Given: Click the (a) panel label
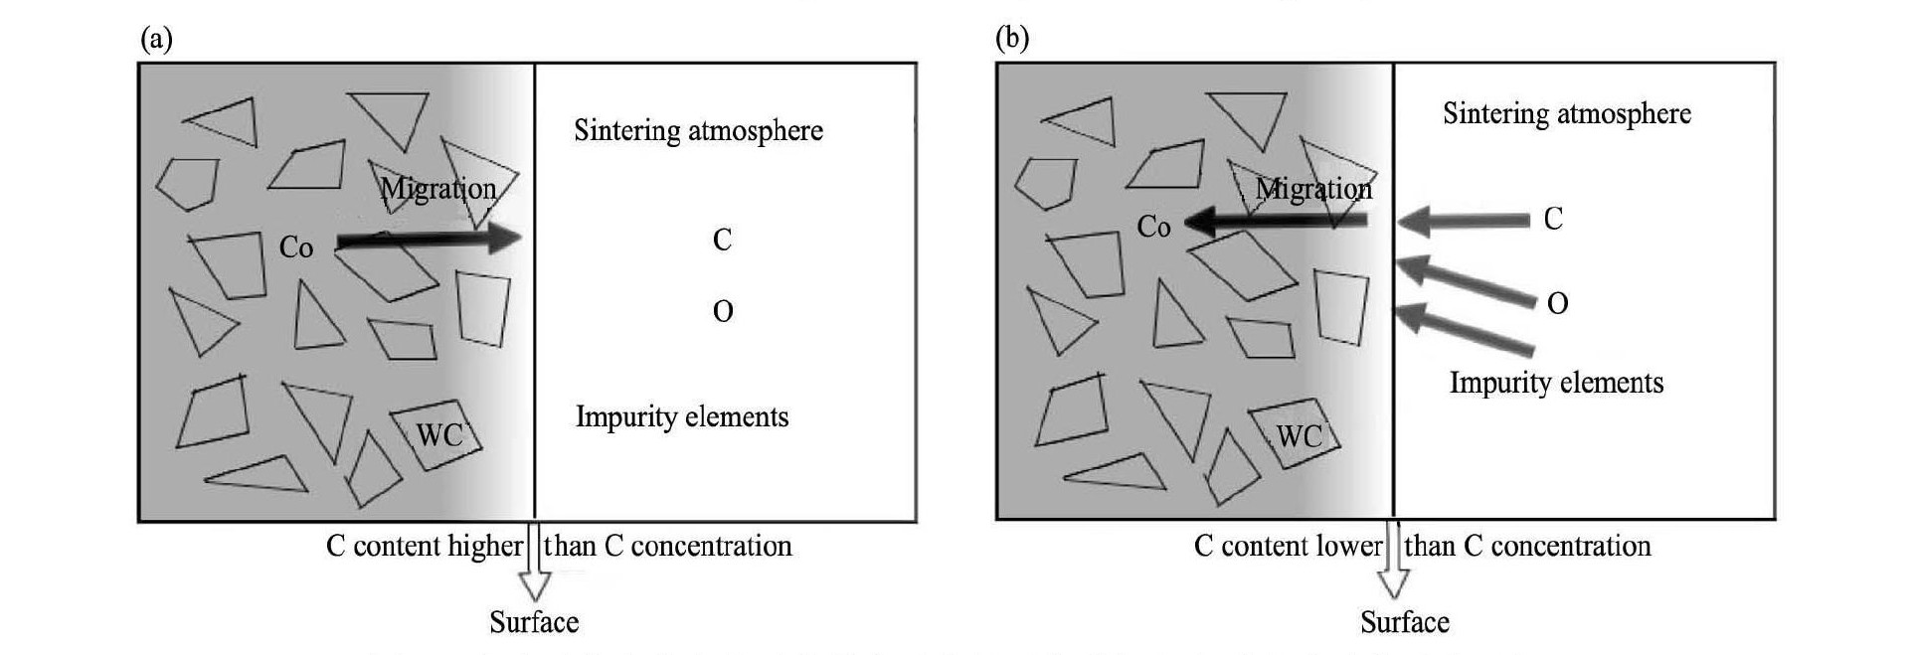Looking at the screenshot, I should [x=157, y=39].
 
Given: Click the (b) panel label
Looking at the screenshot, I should [x=1012, y=39].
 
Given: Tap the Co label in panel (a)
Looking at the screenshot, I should [x=296, y=246].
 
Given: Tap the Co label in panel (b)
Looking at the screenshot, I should [x=1153, y=228].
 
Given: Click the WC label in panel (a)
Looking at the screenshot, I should [x=438, y=435].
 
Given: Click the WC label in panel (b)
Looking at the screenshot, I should [x=1299, y=436].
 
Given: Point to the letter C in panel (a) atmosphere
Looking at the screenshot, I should [x=723, y=240].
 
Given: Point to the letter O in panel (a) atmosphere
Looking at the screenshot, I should [x=723, y=312].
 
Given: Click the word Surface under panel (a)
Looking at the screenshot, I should [x=534, y=622].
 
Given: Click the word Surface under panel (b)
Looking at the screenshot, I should [x=1405, y=622].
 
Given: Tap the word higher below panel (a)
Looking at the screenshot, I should [x=485, y=547].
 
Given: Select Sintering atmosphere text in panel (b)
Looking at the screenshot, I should [x=1567, y=114].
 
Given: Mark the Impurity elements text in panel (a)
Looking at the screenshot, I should [x=682, y=416].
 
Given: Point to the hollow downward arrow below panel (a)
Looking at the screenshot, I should [x=535, y=572].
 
